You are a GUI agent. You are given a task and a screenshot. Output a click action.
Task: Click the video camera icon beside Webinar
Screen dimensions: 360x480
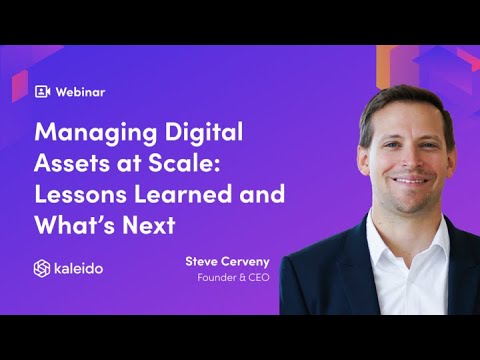pyautogui.click(x=42, y=91)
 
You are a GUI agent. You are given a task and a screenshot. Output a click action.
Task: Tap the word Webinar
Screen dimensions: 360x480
pyautogui.click(x=80, y=91)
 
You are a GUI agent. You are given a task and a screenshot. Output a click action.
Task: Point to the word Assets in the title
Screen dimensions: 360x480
pyautogui.click(x=73, y=163)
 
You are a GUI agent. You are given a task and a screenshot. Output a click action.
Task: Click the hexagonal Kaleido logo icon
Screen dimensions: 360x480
pyautogui.click(x=42, y=268)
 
